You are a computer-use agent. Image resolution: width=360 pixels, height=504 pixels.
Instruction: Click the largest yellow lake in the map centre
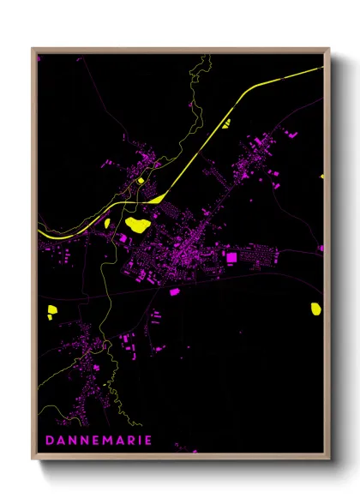coord(137,225)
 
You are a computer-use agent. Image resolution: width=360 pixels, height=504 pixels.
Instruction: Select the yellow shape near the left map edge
coord(52,309)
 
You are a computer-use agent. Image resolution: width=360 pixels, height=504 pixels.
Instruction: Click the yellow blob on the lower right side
coord(315,307)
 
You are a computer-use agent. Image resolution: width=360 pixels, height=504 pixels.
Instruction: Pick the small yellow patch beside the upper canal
coord(226,123)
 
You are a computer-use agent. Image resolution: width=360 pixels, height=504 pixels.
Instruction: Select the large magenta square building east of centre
coord(230,257)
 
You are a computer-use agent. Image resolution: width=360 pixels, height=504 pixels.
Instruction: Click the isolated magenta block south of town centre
coord(175,291)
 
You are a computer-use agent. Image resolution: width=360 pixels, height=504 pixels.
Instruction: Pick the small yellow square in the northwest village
coord(140,181)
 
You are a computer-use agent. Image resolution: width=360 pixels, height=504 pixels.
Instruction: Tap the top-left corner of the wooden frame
coord(33,49)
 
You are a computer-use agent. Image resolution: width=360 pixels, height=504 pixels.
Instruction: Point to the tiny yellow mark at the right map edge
coord(322,176)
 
